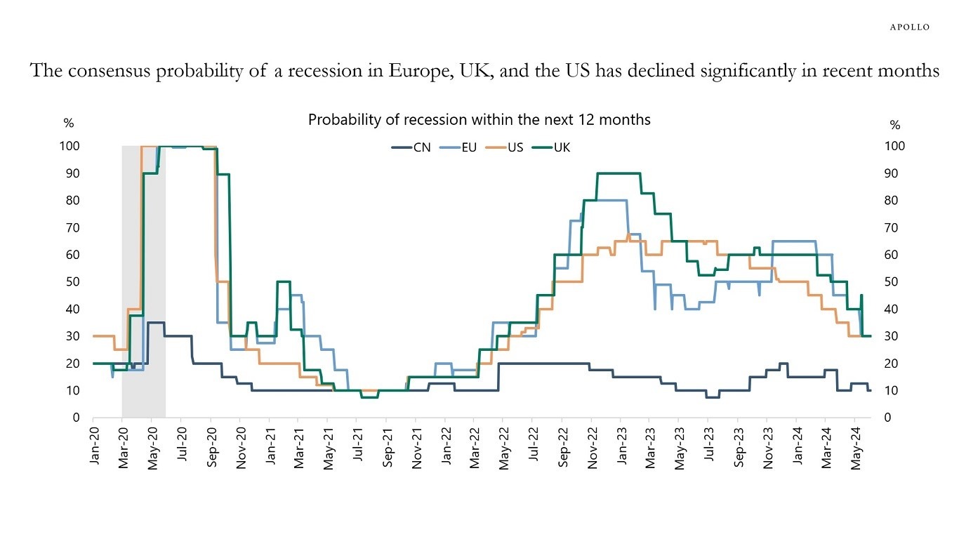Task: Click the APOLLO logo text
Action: (x=909, y=27)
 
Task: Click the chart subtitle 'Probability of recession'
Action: (x=479, y=120)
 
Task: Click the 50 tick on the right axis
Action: (x=895, y=282)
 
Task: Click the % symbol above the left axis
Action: (x=68, y=124)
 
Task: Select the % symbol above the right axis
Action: (x=895, y=125)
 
